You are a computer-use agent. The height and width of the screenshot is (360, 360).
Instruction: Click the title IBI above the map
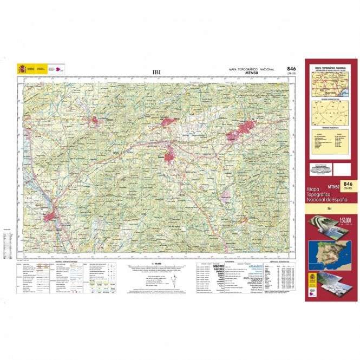[156, 70]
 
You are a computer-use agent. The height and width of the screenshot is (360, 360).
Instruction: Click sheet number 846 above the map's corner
[291, 69]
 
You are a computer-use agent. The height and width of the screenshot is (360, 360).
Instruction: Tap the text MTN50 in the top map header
[265, 73]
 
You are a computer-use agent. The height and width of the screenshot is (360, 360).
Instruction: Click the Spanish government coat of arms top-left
[22, 69]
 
